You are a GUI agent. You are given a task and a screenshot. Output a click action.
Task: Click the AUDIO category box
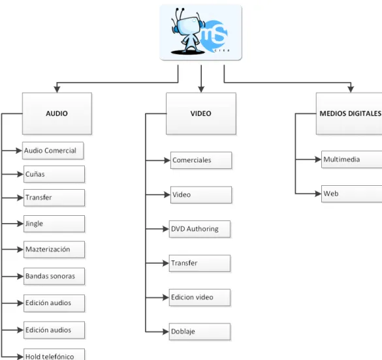[57, 113]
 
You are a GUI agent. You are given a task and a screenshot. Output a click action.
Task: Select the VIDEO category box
[201, 113]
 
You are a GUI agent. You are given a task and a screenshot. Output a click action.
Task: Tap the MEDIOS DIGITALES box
[349, 113]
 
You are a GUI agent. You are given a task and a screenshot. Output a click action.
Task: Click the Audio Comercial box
[53, 151]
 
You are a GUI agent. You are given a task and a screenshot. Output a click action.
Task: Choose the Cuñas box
[54, 174]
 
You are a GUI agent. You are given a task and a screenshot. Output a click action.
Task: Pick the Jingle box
[54, 224]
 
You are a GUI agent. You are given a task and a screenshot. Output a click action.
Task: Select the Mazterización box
[54, 249]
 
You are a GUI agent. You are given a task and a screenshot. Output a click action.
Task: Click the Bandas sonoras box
[54, 276]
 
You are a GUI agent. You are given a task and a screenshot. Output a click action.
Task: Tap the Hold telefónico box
[54, 354]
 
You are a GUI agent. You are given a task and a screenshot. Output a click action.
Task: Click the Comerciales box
[201, 160]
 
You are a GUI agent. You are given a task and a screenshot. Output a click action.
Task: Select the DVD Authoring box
[200, 229]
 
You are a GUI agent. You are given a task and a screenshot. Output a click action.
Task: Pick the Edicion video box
[200, 297]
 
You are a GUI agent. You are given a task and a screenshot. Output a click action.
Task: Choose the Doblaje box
[200, 331]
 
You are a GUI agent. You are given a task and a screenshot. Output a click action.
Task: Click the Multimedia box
[352, 159]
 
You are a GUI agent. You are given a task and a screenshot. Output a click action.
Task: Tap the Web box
[352, 194]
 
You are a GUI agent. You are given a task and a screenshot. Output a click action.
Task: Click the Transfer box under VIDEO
[200, 263]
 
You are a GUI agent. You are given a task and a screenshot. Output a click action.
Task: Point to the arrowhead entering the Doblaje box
[166, 331]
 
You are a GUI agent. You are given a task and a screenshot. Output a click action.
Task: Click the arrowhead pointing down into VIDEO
[201, 89]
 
